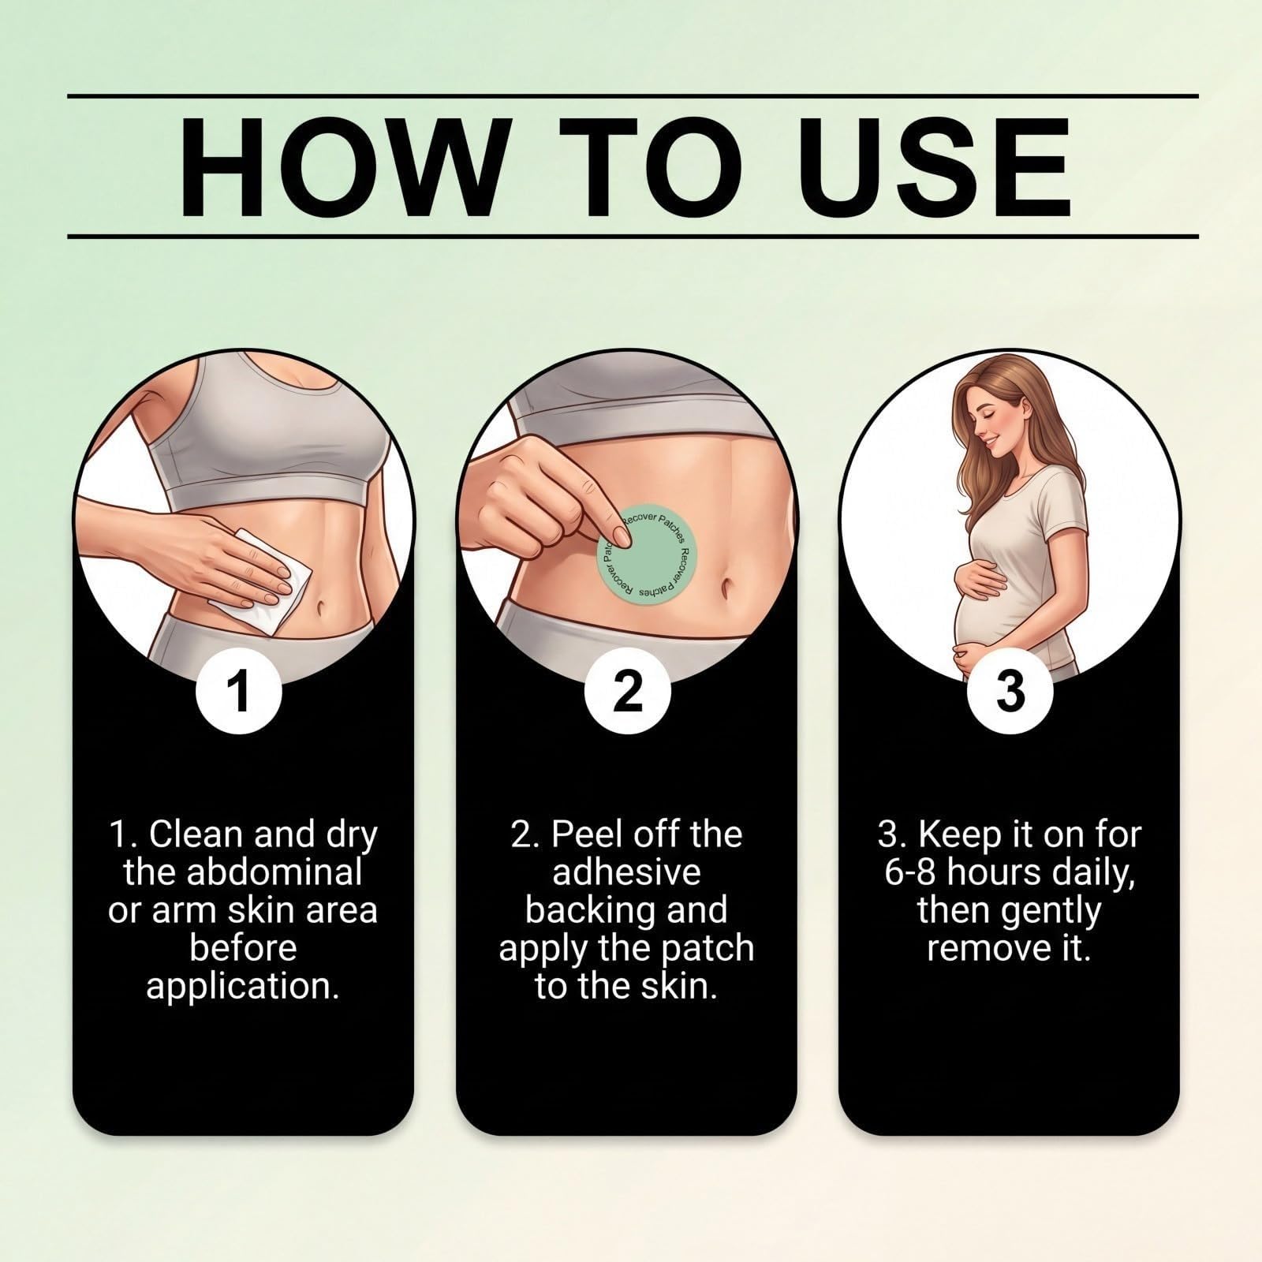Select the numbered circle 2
coord(628,691)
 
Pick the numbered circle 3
coord(1010,691)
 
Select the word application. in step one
coord(243,986)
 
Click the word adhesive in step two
coord(627,872)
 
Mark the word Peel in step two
coord(584,834)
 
